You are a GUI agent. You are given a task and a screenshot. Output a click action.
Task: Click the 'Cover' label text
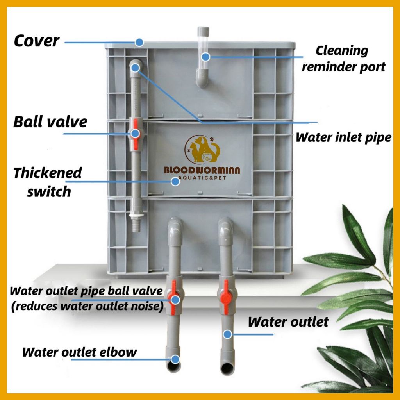click(x=37, y=41)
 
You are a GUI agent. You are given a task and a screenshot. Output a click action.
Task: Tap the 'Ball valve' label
click(x=50, y=122)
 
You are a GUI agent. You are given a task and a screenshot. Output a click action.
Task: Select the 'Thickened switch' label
click(x=48, y=182)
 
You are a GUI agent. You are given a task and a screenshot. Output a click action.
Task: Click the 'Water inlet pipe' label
click(x=343, y=137)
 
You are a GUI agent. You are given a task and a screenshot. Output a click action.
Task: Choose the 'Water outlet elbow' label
click(x=80, y=352)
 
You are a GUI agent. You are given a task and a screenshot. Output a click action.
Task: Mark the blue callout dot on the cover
click(x=139, y=41)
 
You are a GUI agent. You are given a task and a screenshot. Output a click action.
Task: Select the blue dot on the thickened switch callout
click(x=175, y=182)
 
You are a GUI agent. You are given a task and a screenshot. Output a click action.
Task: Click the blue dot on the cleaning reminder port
click(x=206, y=57)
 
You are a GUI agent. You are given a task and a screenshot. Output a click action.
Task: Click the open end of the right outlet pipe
click(x=227, y=368)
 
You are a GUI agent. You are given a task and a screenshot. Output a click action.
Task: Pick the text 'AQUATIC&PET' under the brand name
click(x=202, y=178)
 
